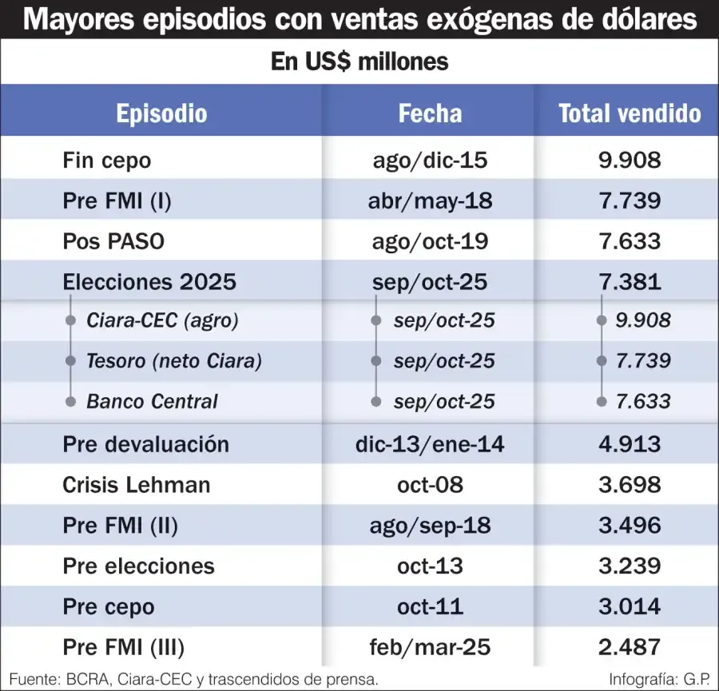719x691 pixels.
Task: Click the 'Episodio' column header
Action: pyautogui.click(x=161, y=113)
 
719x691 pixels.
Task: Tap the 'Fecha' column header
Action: pyautogui.click(x=430, y=113)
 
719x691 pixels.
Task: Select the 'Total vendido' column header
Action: pyautogui.click(x=630, y=113)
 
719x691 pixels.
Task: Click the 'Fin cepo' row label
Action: pyautogui.click(x=106, y=160)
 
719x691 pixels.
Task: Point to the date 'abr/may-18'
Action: pyautogui.click(x=430, y=200)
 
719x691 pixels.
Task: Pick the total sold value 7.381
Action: pyautogui.click(x=630, y=281)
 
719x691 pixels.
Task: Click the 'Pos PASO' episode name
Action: pyautogui.click(x=113, y=240)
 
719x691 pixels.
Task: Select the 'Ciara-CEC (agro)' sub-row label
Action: pyautogui.click(x=163, y=321)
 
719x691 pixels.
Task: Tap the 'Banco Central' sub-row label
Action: pyautogui.click(x=152, y=401)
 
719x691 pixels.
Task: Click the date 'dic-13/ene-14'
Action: pyautogui.click(x=430, y=444)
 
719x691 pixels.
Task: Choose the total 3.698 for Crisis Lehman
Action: pyautogui.click(x=630, y=485)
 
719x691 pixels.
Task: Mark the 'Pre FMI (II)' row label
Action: pyautogui.click(x=120, y=526)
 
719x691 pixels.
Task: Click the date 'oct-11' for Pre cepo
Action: pyautogui.click(x=430, y=606)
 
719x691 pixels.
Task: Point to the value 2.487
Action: pyautogui.click(x=630, y=646)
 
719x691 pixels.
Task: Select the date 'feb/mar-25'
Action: pyautogui.click(x=430, y=646)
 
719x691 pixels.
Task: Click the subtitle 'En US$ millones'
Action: pyautogui.click(x=359, y=62)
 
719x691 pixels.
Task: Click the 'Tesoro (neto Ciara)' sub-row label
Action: pyautogui.click(x=174, y=361)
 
